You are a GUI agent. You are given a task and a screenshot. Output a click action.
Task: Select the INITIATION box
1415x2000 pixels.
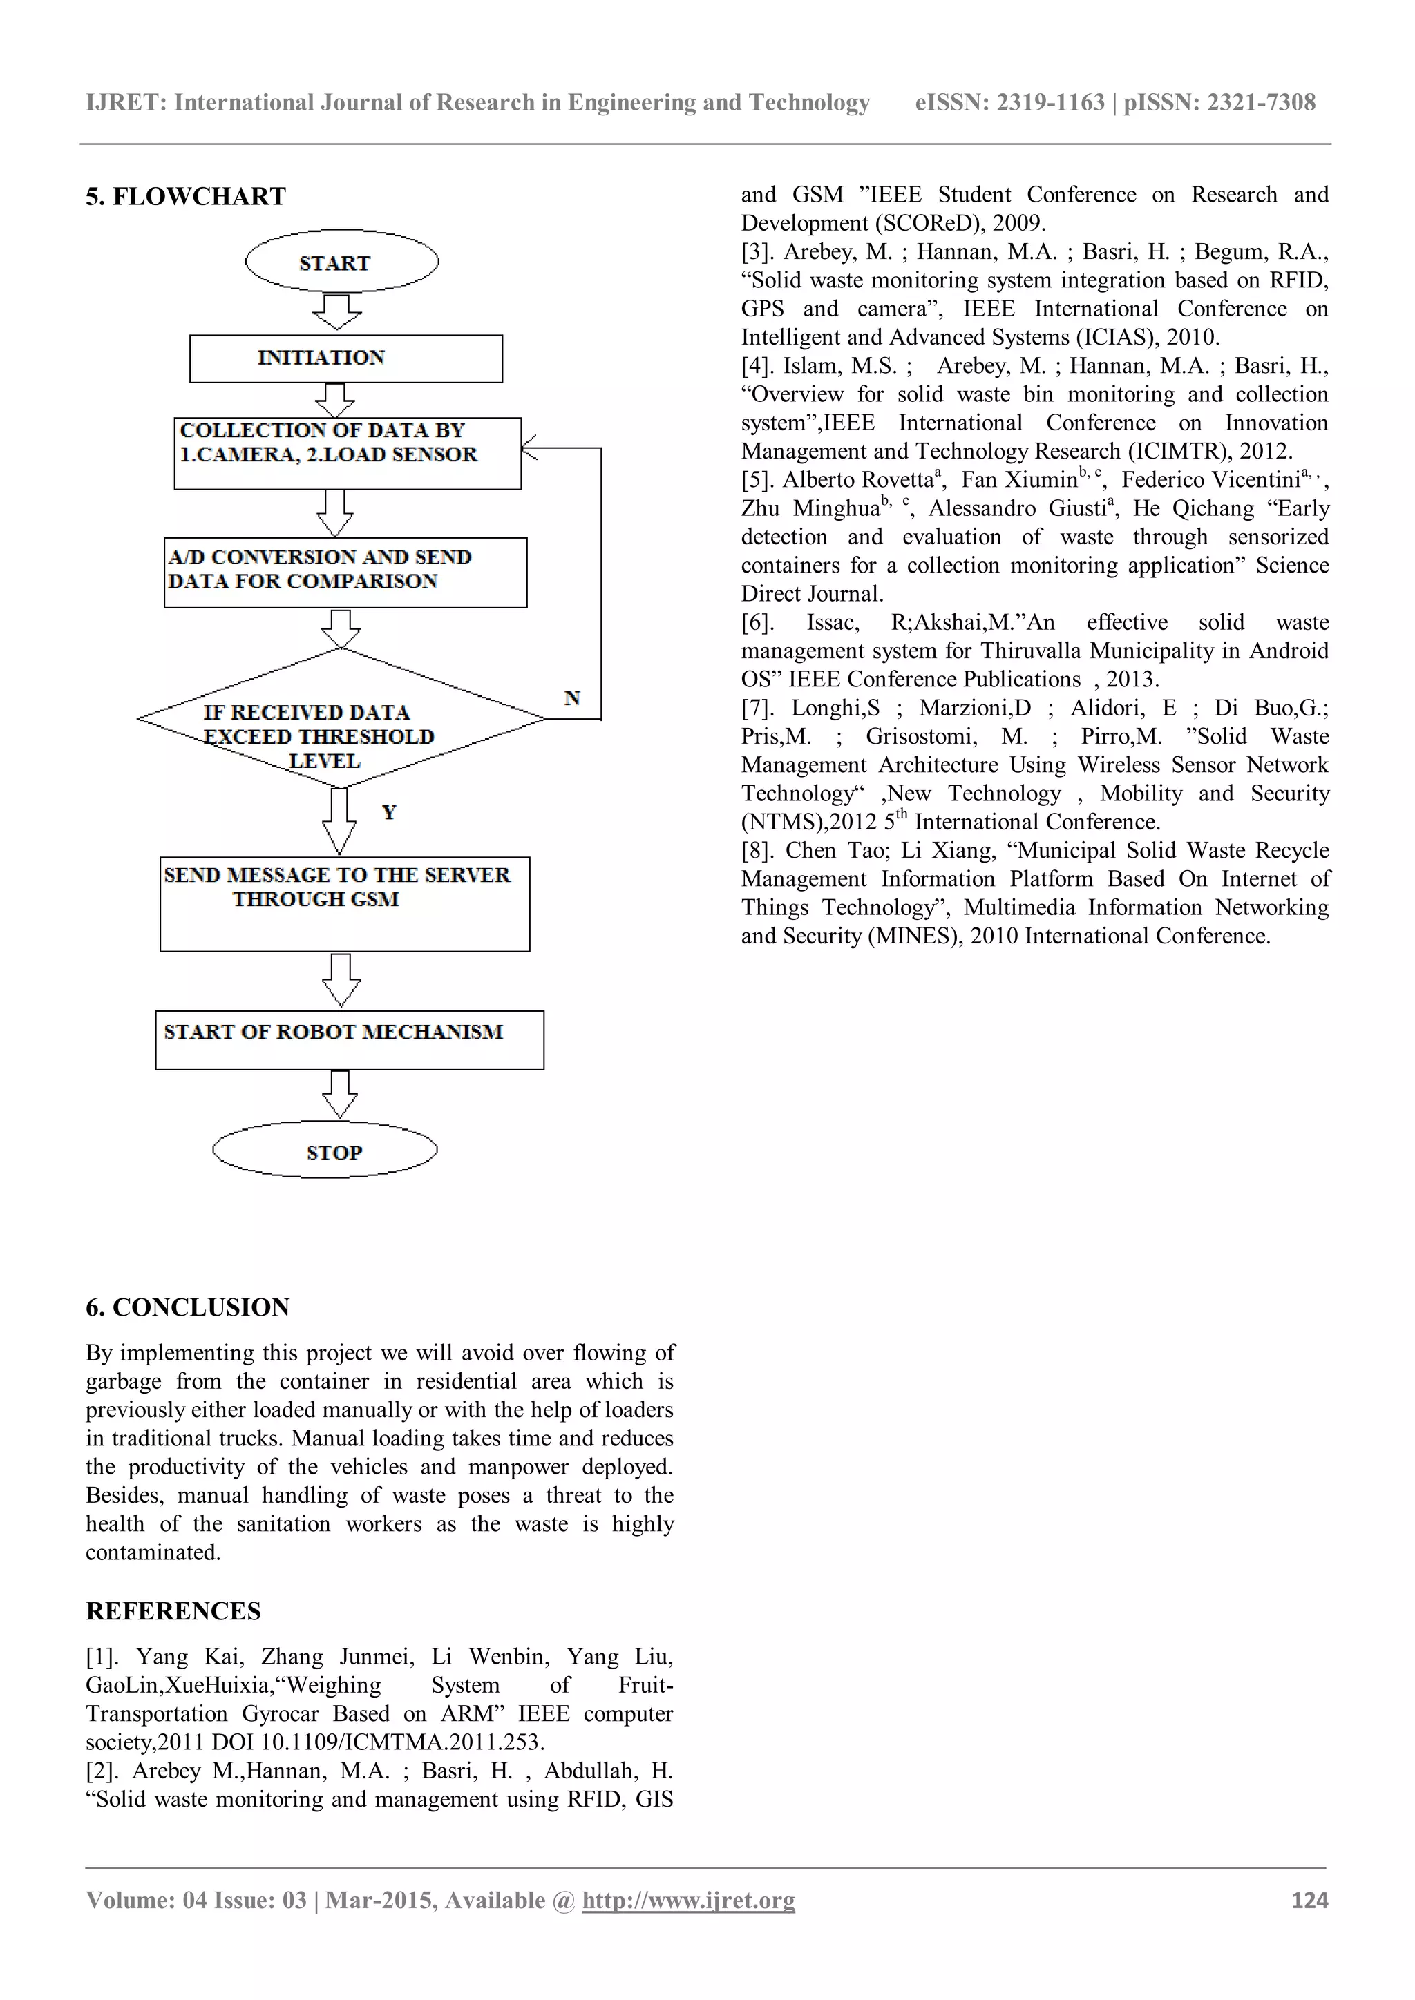346,358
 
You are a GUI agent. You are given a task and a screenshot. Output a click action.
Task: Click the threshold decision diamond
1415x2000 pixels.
341,719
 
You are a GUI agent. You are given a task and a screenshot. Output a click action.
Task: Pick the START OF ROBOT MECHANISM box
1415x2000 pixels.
350,1039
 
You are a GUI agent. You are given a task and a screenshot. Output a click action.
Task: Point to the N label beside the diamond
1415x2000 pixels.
571,698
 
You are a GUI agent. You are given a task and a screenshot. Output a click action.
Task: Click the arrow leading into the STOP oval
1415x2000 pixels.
340,1094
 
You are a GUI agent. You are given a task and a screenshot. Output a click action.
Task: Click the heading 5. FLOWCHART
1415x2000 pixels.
186,197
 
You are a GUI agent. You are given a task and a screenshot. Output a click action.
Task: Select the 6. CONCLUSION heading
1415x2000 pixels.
187,1307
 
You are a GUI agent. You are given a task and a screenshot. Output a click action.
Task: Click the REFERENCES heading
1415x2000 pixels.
173,1611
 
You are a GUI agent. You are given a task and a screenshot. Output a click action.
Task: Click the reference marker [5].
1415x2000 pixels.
757,480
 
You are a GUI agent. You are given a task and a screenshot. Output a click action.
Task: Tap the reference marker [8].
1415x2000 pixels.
757,850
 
